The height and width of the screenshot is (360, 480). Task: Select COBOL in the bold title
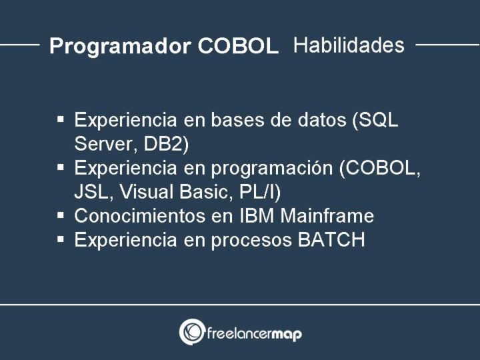(x=238, y=46)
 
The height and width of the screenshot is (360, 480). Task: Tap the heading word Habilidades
(x=349, y=45)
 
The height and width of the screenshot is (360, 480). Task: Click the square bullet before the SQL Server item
(x=61, y=120)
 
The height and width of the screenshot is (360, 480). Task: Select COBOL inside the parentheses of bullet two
(x=379, y=168)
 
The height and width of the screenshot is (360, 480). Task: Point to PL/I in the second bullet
(x=258, y=192)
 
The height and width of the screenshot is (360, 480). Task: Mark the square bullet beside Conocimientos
(x=61, y=215)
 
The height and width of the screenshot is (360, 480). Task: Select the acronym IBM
(x=261, y=216)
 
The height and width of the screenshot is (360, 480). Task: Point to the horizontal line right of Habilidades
(x=447, y=45)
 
